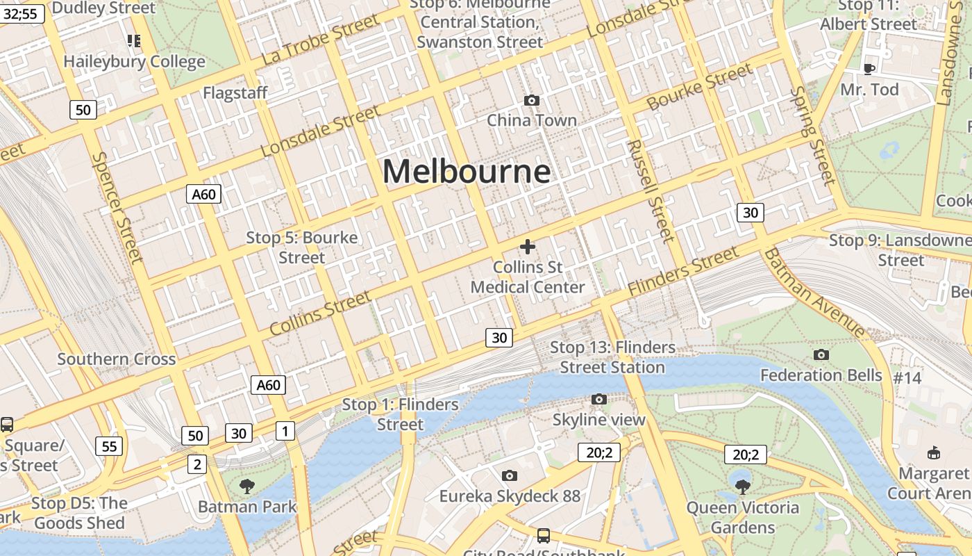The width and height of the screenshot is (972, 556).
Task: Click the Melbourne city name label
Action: pos(467,171)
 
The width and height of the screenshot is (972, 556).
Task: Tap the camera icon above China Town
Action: pos(532,101)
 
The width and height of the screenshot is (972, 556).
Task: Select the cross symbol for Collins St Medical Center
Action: pos(528,247)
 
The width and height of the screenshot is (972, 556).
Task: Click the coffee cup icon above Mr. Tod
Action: pos(869,69)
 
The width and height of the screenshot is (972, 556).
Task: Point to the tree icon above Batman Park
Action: pos(246,486)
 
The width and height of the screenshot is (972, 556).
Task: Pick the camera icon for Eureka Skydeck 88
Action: pos(510,476)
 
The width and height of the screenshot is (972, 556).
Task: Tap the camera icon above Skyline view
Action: pos(599,400)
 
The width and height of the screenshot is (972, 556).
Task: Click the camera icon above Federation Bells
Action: pos(821,355)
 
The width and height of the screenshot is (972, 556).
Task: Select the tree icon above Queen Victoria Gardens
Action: pos(742,486)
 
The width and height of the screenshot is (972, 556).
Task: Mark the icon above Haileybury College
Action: pos(134,41)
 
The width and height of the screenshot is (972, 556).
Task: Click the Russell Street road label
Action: pos(651,191)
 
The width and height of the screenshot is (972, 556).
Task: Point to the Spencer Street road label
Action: pos(117,208)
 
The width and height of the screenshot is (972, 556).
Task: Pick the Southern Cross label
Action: pos(117,359)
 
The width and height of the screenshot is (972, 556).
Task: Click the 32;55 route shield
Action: pos(22,13)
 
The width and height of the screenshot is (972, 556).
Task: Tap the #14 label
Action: pos(907,377)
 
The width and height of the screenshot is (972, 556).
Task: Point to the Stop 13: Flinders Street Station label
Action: pos(612,357)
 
